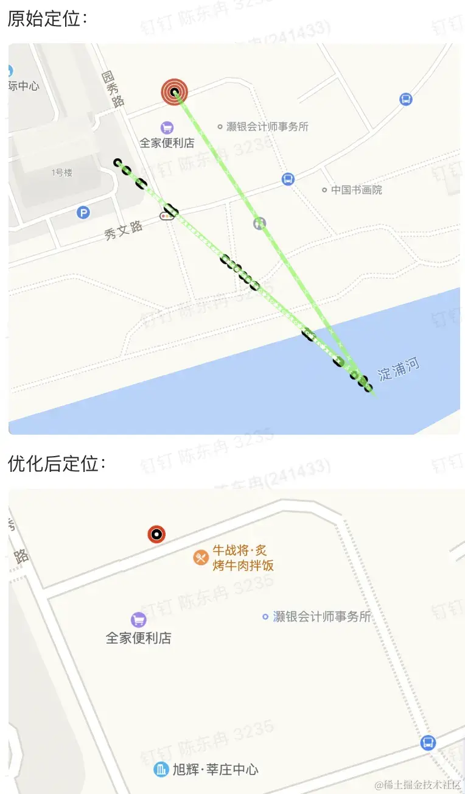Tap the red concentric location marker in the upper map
tap(175, 93)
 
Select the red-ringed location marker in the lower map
tap(157, 535)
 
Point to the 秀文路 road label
tap(124, 230)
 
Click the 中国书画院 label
tap(356, 190)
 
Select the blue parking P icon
tap(83, 213)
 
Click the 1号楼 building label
tap(62, 173)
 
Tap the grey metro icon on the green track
tap(260, 223)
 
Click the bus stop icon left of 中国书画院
tap(288, 179)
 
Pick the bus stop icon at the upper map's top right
tap(406, 99)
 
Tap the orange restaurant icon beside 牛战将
tap(201, 557)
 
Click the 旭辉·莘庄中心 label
tap(215, 770)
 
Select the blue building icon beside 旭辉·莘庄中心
tap(161, 770)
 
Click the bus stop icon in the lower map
tap(428, 743)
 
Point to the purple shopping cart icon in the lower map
tap(139, 620)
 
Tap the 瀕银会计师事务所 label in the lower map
tap(322, 617)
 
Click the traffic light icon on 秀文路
tap(165, 216)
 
